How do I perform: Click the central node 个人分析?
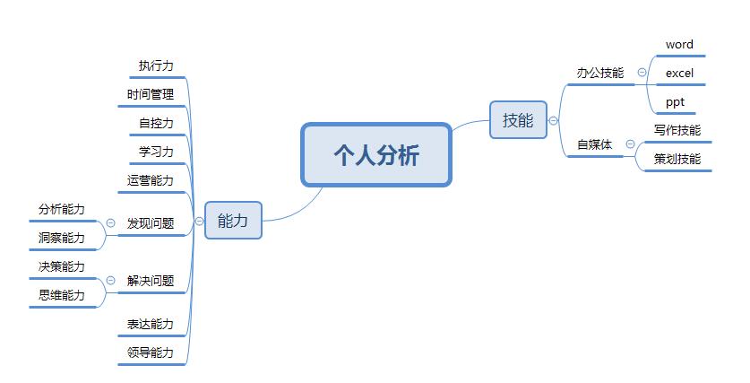[x=376, y=155]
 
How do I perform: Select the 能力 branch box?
[x=233, y=220]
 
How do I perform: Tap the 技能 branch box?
[x=518, y=120]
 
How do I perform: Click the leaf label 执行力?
[x=156, y=65]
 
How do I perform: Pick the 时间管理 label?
[x=151, y=94]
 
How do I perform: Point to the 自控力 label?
[x=156, y=123]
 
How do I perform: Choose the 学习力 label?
[x=156, y=152]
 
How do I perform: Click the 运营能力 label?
[x=151, y=180]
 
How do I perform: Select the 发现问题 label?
[x=151, y=223]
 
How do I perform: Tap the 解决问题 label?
[x=151, y=281]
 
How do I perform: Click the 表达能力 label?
[x=151, y=324]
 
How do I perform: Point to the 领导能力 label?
[x=151, y=353]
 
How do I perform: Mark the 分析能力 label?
[x=62, y=209]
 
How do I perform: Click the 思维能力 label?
[x=62, y=295]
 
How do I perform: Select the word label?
[x=679, y=44]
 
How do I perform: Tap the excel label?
[x=679, y=73]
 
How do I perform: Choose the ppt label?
[x=675, y=101]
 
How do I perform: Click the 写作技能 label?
[x=677, y=130]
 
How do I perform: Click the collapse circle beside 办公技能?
[x=642, y=73]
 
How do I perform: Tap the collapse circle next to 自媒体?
[x=630, y=144]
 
